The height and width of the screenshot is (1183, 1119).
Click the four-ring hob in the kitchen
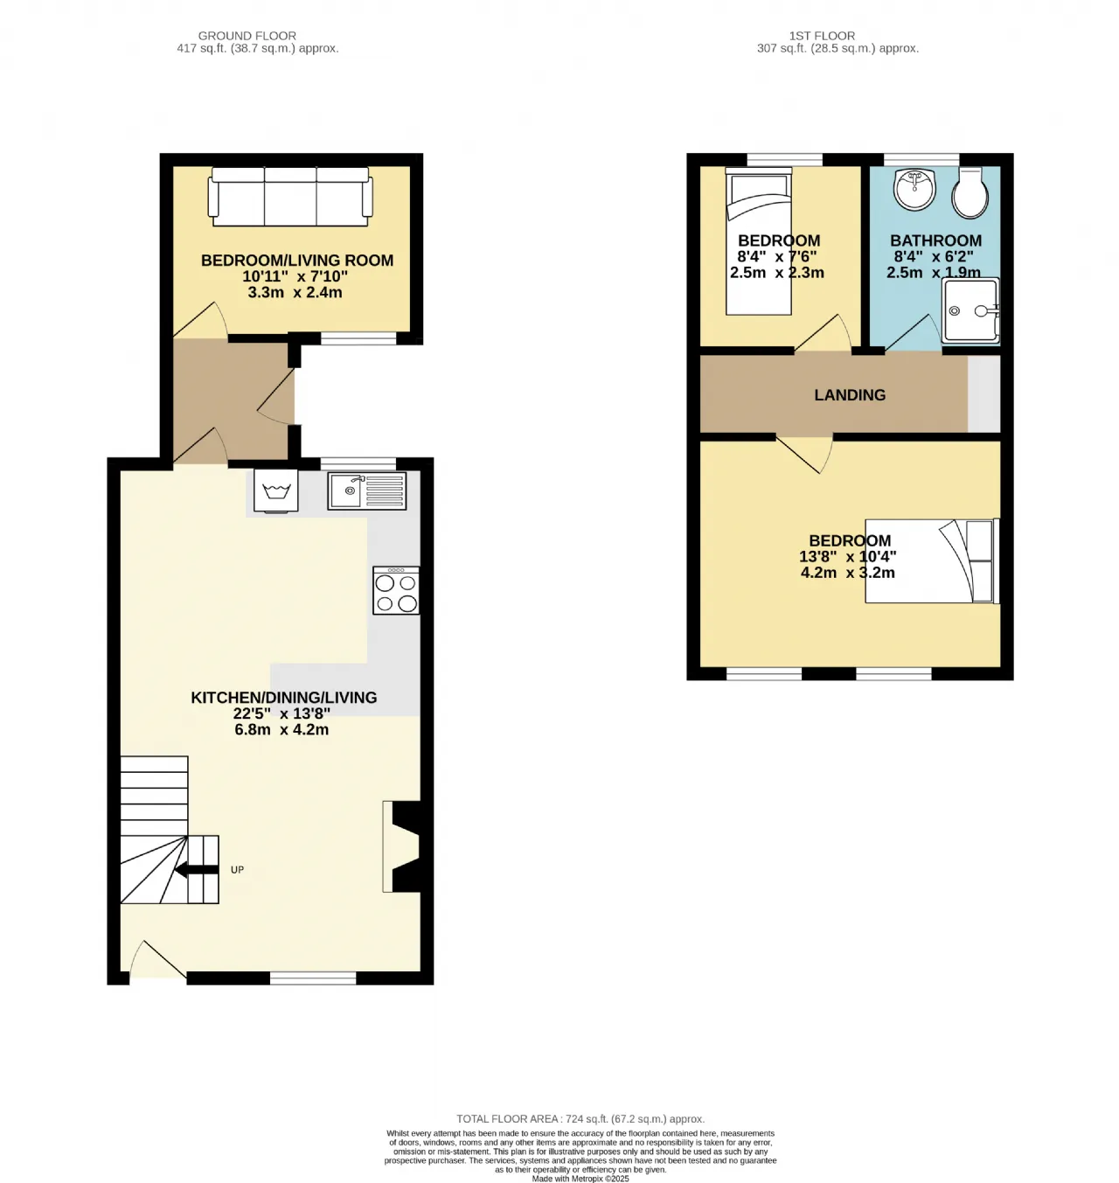point(395,590)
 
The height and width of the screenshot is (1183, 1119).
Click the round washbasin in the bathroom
point(914,188)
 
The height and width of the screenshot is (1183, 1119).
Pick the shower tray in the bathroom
point(970,310)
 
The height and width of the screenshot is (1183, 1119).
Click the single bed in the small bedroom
point(758,240)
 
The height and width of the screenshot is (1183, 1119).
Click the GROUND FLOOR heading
point(247,36)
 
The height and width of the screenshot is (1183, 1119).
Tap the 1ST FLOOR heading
point(822,36)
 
